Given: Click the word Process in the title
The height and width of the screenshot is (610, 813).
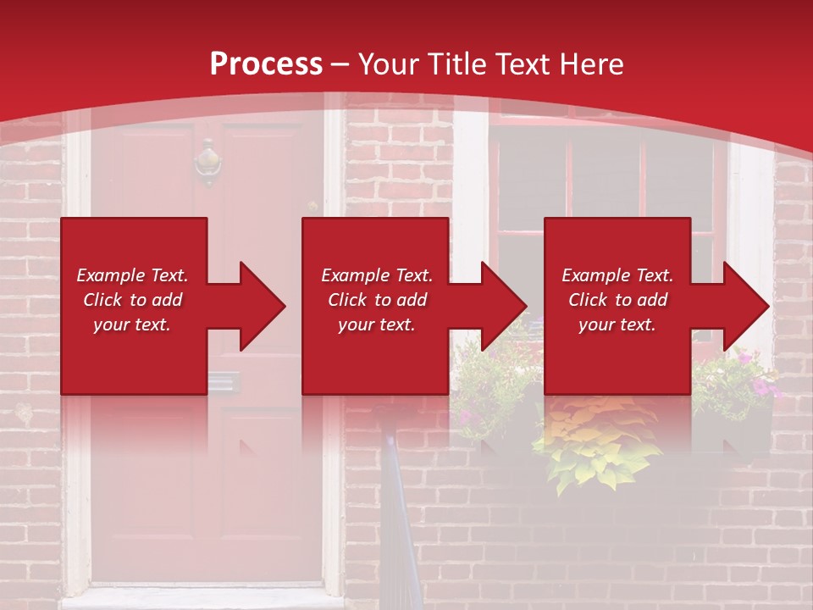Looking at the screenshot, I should coord(266,64).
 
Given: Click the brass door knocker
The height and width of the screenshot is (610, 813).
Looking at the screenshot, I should coord(207,162).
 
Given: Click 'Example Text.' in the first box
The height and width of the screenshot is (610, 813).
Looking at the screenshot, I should coord(132,275).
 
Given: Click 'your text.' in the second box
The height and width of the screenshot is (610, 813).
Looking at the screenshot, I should coord(376,324).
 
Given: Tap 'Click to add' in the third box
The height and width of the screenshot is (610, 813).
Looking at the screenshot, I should coord(617,300).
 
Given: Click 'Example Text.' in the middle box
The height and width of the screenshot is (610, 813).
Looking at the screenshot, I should coord(376,275).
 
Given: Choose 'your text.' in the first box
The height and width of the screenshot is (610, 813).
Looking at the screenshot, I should coord(132,324).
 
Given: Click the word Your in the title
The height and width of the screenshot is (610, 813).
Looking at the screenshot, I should coord(390,64).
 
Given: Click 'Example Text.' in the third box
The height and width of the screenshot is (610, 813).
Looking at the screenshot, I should coord(617,275).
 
